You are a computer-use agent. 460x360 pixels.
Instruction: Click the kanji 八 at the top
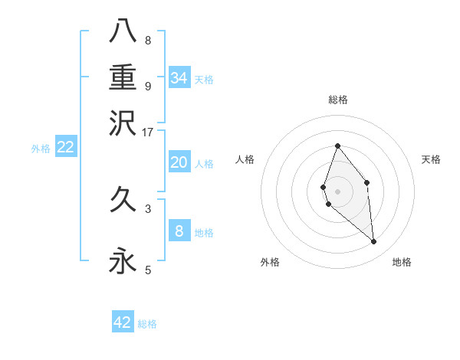(x=123, y=31)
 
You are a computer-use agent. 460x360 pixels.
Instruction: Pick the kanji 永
(x=123, y=261)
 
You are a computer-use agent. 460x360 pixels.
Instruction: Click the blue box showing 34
(x=179, y=78)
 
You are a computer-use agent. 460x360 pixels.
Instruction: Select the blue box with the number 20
(x=179, y=162)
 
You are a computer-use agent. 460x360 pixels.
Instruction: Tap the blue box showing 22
(x=65, y=148)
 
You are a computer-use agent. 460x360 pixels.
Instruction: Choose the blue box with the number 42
(x=123, y=322)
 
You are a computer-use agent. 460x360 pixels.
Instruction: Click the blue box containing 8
(x=179, y=231)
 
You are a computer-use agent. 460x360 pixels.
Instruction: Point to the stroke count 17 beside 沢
(x=147, y=131)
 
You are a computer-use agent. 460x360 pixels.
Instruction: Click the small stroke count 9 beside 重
(x=148, y=86)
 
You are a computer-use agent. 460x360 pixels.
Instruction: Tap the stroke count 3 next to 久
(x=148, y=208)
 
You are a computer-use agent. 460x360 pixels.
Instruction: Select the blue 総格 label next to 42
(x=147, y=324)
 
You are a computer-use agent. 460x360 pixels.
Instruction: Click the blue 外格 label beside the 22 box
(x=41, y=149)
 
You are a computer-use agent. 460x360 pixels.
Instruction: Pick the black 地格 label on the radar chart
(x=402, y=262)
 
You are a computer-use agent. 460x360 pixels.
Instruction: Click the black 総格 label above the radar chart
(x=338, y=100)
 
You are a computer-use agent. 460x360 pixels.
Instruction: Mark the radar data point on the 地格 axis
(x=374, y=242)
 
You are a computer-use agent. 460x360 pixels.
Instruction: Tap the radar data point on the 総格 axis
(x=337, y=146)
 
